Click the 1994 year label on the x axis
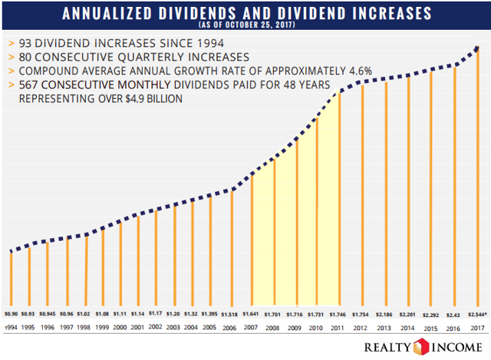[x=10, y=327]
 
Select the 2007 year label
[x=251, y=327]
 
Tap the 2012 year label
[x=360, y=327]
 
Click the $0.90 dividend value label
[x=10, y=314]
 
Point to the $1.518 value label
[x=230, y=314]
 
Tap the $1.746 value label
[x=338, y=314]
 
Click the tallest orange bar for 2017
[x=476, y=177]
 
